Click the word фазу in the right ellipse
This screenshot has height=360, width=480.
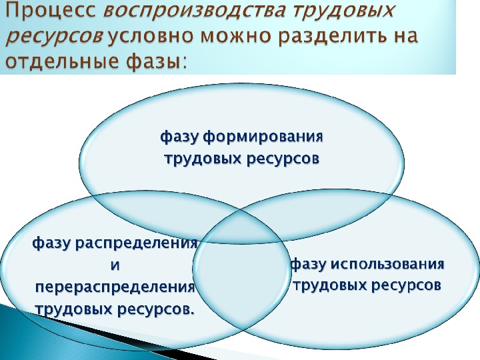[x=307, y=264]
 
